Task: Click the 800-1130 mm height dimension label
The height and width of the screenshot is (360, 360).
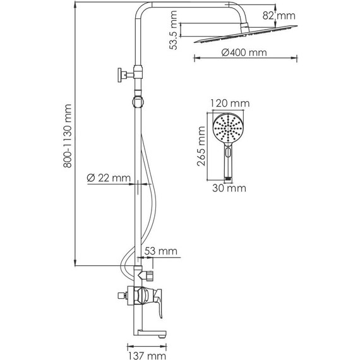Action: coord(68,136)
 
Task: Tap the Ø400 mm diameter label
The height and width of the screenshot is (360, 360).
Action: coord(244,53)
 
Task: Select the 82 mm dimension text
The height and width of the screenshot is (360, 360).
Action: coord(279,16)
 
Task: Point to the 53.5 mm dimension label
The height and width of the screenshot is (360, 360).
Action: coord(173,30)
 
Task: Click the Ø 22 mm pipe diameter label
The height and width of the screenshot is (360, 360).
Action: coord(109,177)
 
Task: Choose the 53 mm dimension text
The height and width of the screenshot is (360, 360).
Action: coord(160,251)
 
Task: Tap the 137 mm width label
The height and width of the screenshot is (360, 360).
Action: coord(147,356)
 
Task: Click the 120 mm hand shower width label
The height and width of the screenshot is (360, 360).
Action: coord(230,104)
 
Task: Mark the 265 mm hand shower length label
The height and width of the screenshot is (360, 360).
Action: coord(201,147)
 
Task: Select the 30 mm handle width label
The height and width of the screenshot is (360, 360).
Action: coord(229,188)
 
